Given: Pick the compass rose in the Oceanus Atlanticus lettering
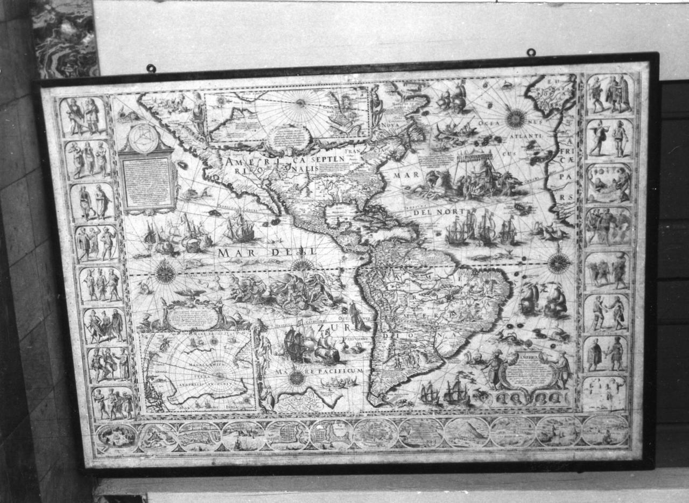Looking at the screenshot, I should [516, 118].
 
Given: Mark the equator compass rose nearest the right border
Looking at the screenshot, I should [559, 263].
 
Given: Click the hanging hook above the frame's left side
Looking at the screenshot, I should [151, 68].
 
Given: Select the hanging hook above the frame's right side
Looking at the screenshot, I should [531, 53].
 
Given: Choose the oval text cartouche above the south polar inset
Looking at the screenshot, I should [193, 318].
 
